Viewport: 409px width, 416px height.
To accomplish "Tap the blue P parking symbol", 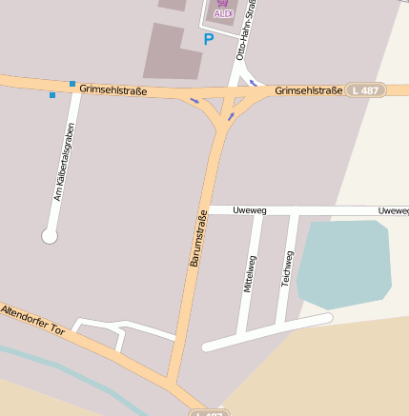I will point(209,39).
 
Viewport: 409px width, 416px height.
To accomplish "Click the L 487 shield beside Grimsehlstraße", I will point(365,89).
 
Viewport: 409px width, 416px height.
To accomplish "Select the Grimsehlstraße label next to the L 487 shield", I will point(308,90).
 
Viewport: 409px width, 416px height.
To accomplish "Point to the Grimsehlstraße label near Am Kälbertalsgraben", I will point(112,87).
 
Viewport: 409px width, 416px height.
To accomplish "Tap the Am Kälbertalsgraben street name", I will point(64,167).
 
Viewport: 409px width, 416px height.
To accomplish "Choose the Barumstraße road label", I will point(197,238).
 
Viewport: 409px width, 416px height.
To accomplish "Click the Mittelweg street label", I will point(251,272).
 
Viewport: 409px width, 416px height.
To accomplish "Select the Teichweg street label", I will point(285,268).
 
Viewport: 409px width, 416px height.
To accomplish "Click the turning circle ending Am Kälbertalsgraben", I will point(50,235).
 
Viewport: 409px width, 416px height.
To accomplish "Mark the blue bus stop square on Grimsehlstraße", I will point(72,84).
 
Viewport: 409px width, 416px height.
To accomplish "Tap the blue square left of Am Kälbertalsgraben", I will point(52,95).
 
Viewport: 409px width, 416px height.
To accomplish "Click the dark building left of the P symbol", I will point(173,52).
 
